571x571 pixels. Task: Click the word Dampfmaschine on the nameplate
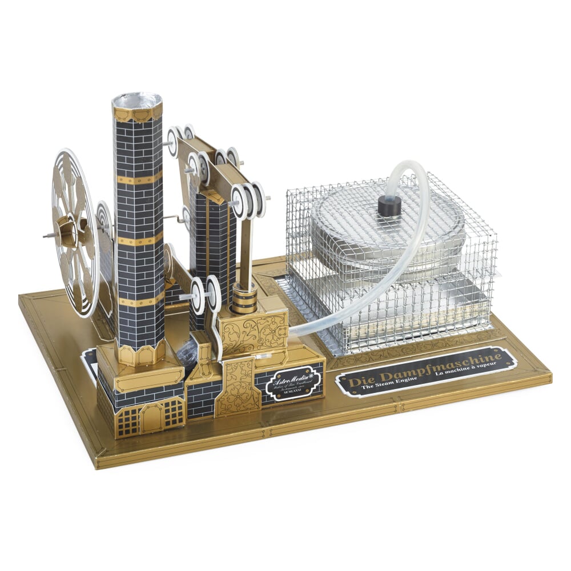[451, 366]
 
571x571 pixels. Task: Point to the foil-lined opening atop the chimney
[136, 101]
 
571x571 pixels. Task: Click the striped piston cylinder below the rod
[244, 300]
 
